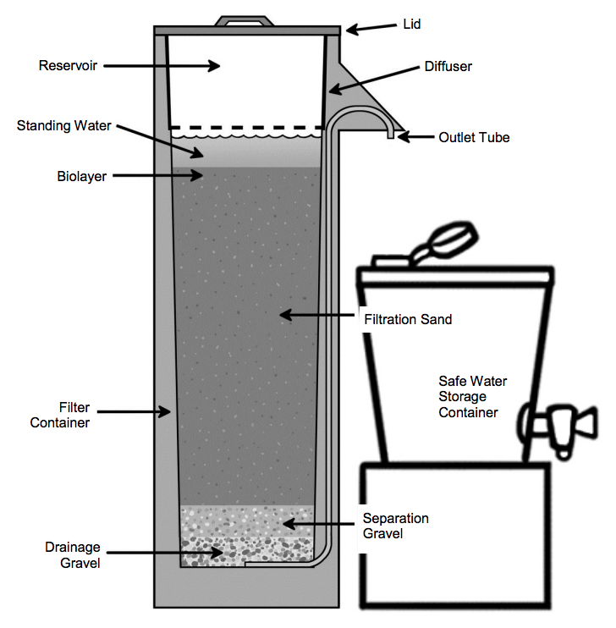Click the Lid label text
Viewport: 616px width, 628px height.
[x=410, y=25]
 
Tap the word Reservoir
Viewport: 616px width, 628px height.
[x=69, y=65]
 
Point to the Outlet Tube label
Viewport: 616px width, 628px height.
[x=474, y=137]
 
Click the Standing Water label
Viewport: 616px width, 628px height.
[x=63, y=126]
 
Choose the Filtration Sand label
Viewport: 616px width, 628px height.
[x=408, y=319]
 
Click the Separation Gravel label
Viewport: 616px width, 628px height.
[x=395, y=525]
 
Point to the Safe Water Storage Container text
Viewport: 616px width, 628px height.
[x=472, y=397]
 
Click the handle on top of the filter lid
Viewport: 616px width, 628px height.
[x=246, y=19]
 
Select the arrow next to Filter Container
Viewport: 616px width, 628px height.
[x=137, y=412]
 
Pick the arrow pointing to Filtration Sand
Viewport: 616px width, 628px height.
[x=317, y=316]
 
